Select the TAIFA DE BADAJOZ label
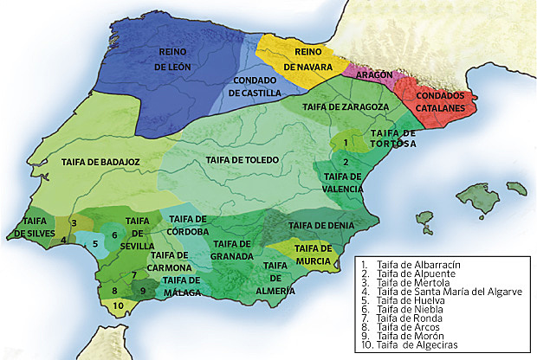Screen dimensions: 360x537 (x=96, y=161)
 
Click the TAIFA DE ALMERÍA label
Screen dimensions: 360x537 (x=275, y=278)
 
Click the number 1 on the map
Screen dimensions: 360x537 (x=346, y=141)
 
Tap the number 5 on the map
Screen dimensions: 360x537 (x=95, y=244)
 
